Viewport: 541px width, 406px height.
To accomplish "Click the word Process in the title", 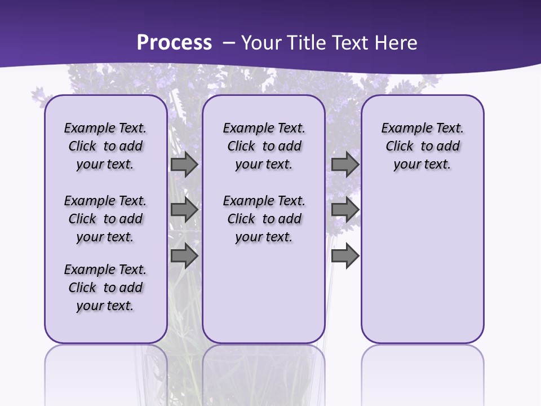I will (174, 43).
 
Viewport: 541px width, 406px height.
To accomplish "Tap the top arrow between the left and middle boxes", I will (184, 165).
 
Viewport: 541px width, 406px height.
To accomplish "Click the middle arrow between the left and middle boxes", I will (184, 210).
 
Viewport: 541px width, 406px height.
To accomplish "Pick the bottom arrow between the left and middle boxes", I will (184, 255).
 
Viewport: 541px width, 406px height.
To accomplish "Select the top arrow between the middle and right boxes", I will (345, 165).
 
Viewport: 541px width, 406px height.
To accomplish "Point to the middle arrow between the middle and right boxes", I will (345, 210).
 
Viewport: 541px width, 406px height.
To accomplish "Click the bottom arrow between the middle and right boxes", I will (345, 255).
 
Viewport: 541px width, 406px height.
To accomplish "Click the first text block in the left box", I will (105, 146).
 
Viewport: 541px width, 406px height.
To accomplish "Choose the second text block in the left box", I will (105, 219).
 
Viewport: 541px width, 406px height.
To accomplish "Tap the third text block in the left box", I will (105, 288).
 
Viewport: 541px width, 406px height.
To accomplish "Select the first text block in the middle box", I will (264, 146).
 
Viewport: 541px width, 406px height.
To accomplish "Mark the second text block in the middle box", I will (264, 219).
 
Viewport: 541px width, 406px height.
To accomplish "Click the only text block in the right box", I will (422, 146).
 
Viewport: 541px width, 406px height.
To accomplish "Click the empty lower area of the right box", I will (422, 271).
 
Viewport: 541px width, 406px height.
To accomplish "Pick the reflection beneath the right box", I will (422, 372).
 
